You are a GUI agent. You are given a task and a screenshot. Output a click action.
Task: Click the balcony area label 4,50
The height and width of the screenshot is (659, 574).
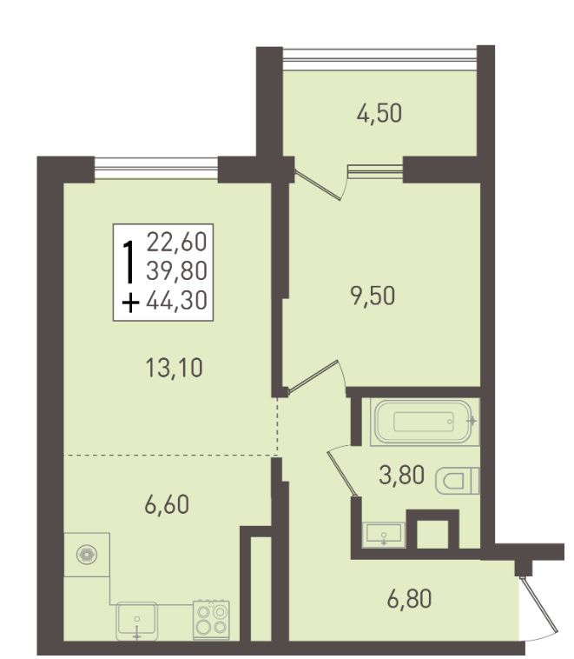coord(379,114)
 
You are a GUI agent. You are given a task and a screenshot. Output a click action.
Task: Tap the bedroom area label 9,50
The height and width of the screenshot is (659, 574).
coord(373,296)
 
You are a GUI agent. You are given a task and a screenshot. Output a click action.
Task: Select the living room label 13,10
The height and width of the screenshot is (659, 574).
coord(174,368)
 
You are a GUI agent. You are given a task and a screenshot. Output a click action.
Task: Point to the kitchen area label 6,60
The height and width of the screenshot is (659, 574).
coord(167,504)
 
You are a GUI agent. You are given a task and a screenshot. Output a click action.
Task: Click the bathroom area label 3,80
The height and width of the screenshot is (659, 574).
coord(401,475)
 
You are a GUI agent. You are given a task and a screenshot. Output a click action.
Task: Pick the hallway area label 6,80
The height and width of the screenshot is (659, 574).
coord(409,599)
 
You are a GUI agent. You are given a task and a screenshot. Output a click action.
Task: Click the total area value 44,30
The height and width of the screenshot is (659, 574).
coord(177,301)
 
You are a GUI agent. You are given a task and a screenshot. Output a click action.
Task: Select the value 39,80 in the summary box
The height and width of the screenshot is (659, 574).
coord(177,271)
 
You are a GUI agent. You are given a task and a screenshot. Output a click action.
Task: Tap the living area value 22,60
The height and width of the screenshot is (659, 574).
coord(177,242)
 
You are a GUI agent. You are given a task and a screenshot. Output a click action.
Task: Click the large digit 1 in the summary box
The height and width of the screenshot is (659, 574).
coord(129,262)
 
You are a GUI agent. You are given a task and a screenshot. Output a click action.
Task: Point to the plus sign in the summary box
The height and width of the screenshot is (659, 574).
coord(130,303)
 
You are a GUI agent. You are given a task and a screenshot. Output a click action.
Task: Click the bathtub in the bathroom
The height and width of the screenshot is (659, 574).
coord(425,422)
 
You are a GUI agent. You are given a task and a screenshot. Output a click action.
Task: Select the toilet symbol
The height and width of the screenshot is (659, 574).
coord(458,481)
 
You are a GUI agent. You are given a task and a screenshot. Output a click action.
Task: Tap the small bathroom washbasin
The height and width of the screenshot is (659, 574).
coord(384,535)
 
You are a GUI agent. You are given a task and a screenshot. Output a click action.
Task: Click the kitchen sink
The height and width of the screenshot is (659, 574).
coord(136,621)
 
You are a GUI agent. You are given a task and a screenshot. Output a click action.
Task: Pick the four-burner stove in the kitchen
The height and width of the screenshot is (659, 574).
coord(211,620)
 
